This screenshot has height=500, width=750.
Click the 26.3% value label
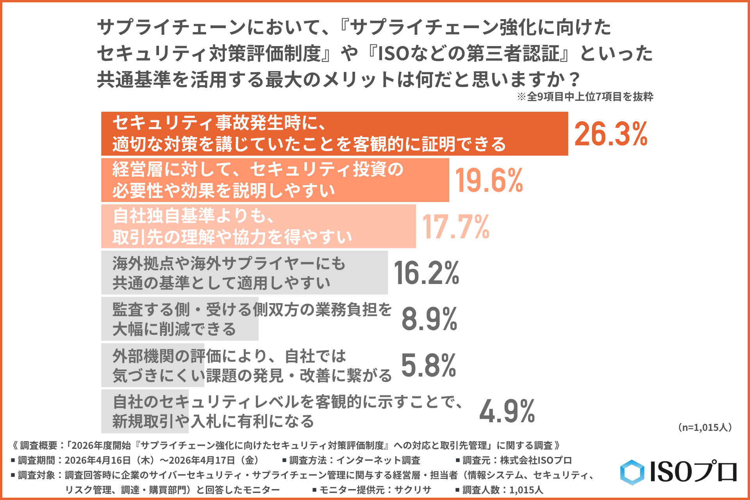[x=611, y=134]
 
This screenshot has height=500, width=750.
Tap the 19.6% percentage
[x=489, y=180]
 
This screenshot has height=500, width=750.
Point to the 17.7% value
[x=456, y=227]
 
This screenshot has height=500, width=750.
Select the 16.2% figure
[x=427, y=273]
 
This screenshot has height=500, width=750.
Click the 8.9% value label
[x=429, y=319]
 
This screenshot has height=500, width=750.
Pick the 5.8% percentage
[x=429, y=365]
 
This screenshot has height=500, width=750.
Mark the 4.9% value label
[x=507, y=411]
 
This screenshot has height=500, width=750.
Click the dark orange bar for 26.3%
[x=334, y=134]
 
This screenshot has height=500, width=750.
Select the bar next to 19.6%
[x=275, y=180]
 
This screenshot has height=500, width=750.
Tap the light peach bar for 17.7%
[x=258, y=226]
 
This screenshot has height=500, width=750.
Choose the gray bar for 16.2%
[x=244, y=273]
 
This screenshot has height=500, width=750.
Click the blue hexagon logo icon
[x=632, y=472]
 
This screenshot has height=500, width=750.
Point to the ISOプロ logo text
[x=693, y=472]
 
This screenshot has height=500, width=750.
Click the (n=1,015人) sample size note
[x=705, y=427]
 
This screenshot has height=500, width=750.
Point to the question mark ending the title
[x=573, y=80]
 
